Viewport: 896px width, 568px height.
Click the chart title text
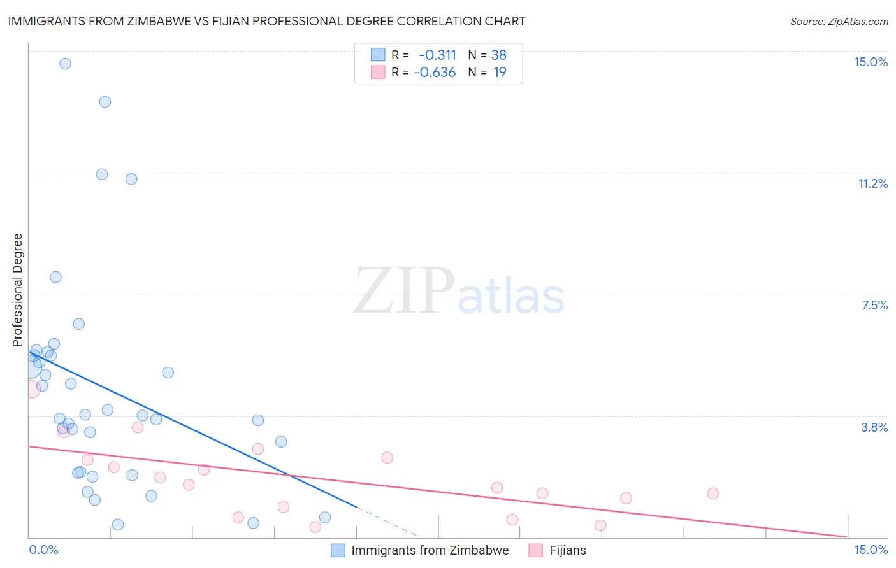pos(266,21)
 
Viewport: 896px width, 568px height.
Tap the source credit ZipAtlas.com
pos(839,21)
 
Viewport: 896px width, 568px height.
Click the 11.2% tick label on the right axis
pos(872,183)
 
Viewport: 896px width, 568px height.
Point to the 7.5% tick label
pos(874,305)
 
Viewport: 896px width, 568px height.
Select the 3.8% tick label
pos(874,427)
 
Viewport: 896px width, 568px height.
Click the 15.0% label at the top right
pos(871,62)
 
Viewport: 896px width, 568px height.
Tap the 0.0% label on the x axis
pos(43,550)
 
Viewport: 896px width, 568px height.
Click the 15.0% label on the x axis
pos(871,550)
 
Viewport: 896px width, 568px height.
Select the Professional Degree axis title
pos(17,290)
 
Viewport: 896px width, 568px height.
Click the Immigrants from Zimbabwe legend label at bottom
pos(430,550)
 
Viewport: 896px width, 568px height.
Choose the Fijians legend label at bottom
pos(567,550)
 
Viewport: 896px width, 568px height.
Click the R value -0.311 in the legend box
pos(437,55)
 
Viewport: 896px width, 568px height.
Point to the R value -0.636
pos(435,73)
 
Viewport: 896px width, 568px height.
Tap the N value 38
pos(498,55)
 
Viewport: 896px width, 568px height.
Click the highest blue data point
pos(65,64)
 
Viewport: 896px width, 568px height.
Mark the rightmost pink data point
pos(712,493)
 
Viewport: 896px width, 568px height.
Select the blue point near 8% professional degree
pos(55,277)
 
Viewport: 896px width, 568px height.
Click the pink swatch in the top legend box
pos(378,72)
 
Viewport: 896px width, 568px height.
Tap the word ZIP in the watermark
pos(403,291)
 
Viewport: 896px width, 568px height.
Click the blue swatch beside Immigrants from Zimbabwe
pos(338,550)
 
